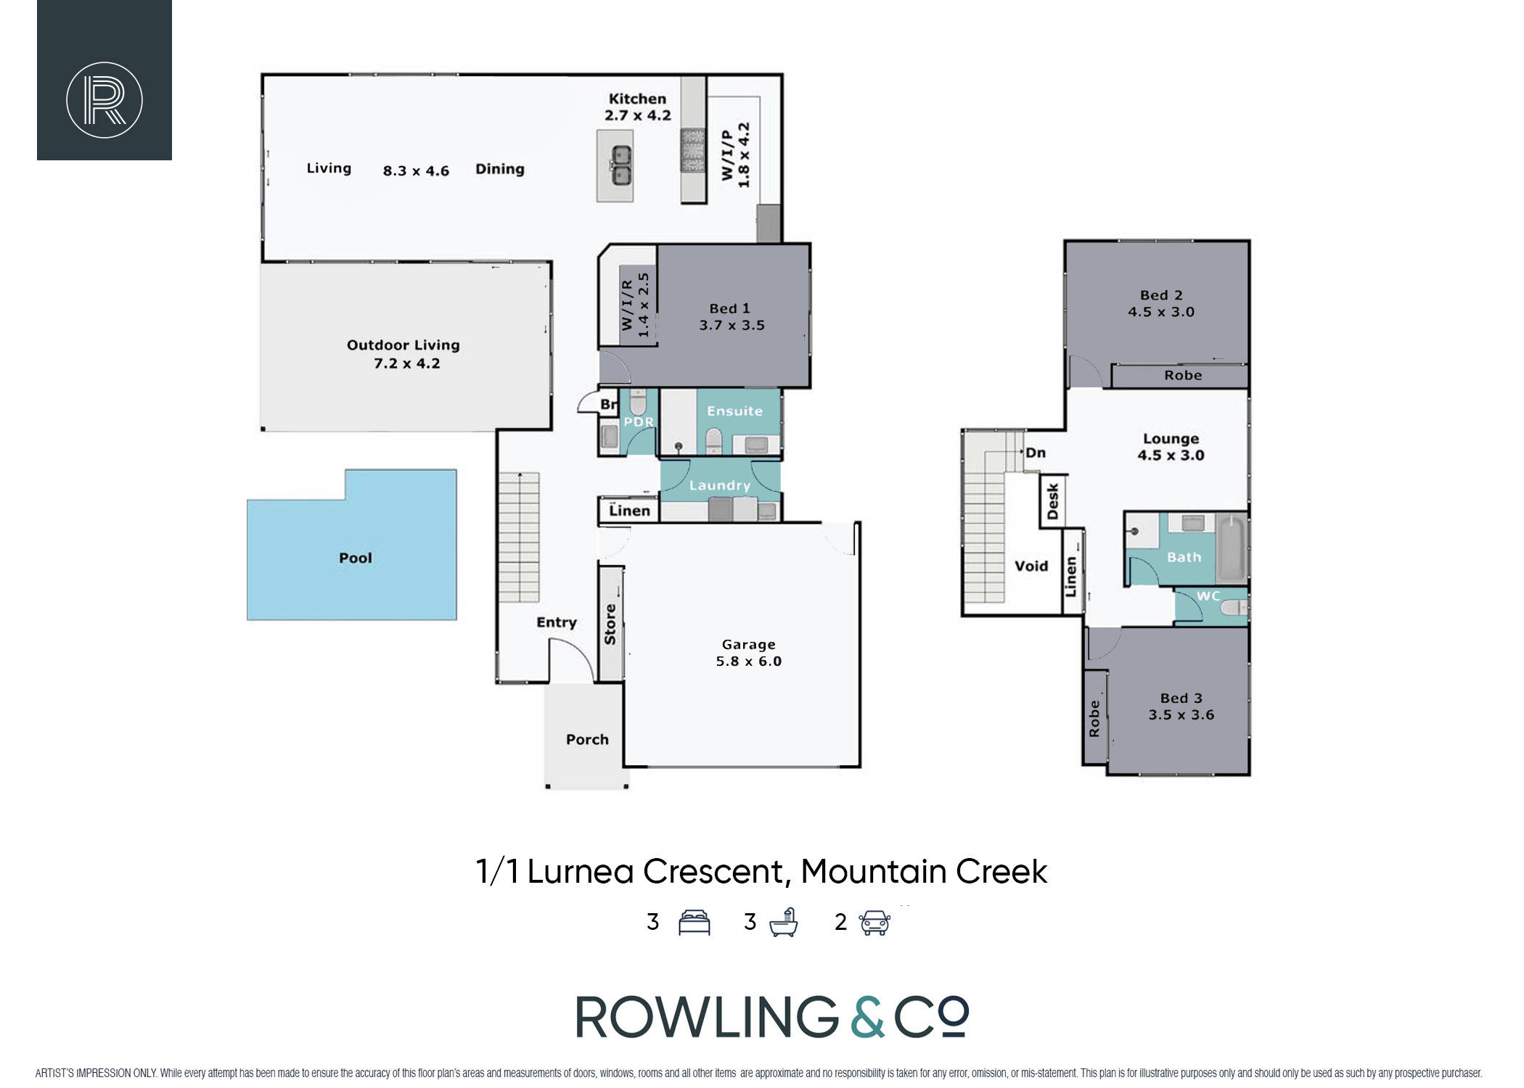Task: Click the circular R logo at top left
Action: [x=105, y=99]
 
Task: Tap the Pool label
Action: [x=356, y=558]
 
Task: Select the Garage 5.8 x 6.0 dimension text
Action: [x=749, y=661]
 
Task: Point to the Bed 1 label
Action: [x=729, y=308]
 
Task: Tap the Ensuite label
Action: [x=735, y=411]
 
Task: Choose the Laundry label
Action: [x=720, y=485]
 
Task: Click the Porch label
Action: [x=587, y=739]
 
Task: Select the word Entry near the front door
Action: [x=557, y=622]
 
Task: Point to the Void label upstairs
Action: [x=1031, y=566]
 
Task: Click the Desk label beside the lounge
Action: [x=1053, y=502]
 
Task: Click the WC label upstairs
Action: [x=1208, y=596]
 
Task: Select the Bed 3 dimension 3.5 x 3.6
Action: [x=1181, y=714]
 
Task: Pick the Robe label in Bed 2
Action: [x=1183, y=375]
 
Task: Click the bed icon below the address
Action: [x=694, y=923]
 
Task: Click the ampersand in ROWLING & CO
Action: [x=867, y=1016]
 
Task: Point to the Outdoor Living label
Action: [x=403, y=345]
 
